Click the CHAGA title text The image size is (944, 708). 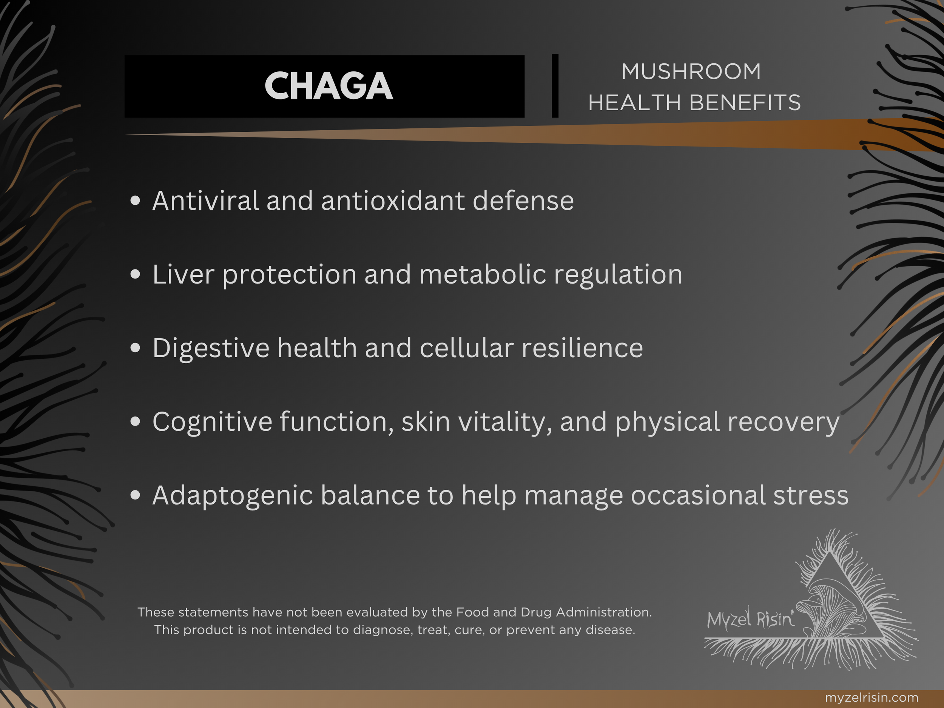(x=328, y=86)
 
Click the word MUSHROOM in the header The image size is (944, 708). (x=691, y=71)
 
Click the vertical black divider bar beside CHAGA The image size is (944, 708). (x=555, y=86)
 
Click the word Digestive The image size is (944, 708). (x=211, y=348)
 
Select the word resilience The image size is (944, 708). (x=582, y=348)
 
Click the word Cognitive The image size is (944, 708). (x=212, y=422)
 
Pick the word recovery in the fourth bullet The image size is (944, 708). (x=783, y=422)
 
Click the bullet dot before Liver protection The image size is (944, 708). (x=135, y=275)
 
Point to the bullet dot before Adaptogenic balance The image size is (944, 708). (x=135, y=495)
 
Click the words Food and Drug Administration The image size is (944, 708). (x=554, y=612)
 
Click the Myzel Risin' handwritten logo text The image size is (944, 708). (x=751, y=619)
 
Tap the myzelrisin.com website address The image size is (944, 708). (x=872, y=698)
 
